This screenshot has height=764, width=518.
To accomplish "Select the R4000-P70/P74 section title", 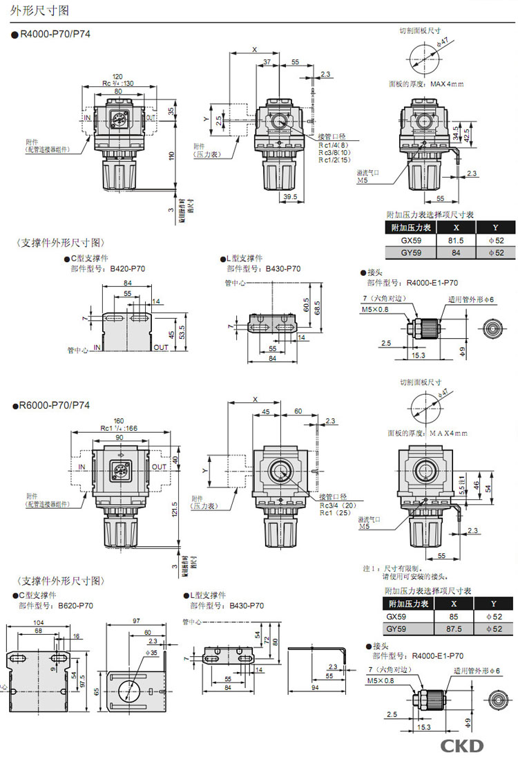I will coord(55,33).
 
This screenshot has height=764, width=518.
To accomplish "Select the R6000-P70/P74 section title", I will coord(55,405).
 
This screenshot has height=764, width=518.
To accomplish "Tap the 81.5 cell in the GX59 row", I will coord(456,240).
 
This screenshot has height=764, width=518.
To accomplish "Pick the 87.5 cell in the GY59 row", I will coord(455,629).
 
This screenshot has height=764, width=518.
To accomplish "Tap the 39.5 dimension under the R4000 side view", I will coord(290,197).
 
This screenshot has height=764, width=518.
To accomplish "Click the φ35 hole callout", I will coord(153,653).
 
